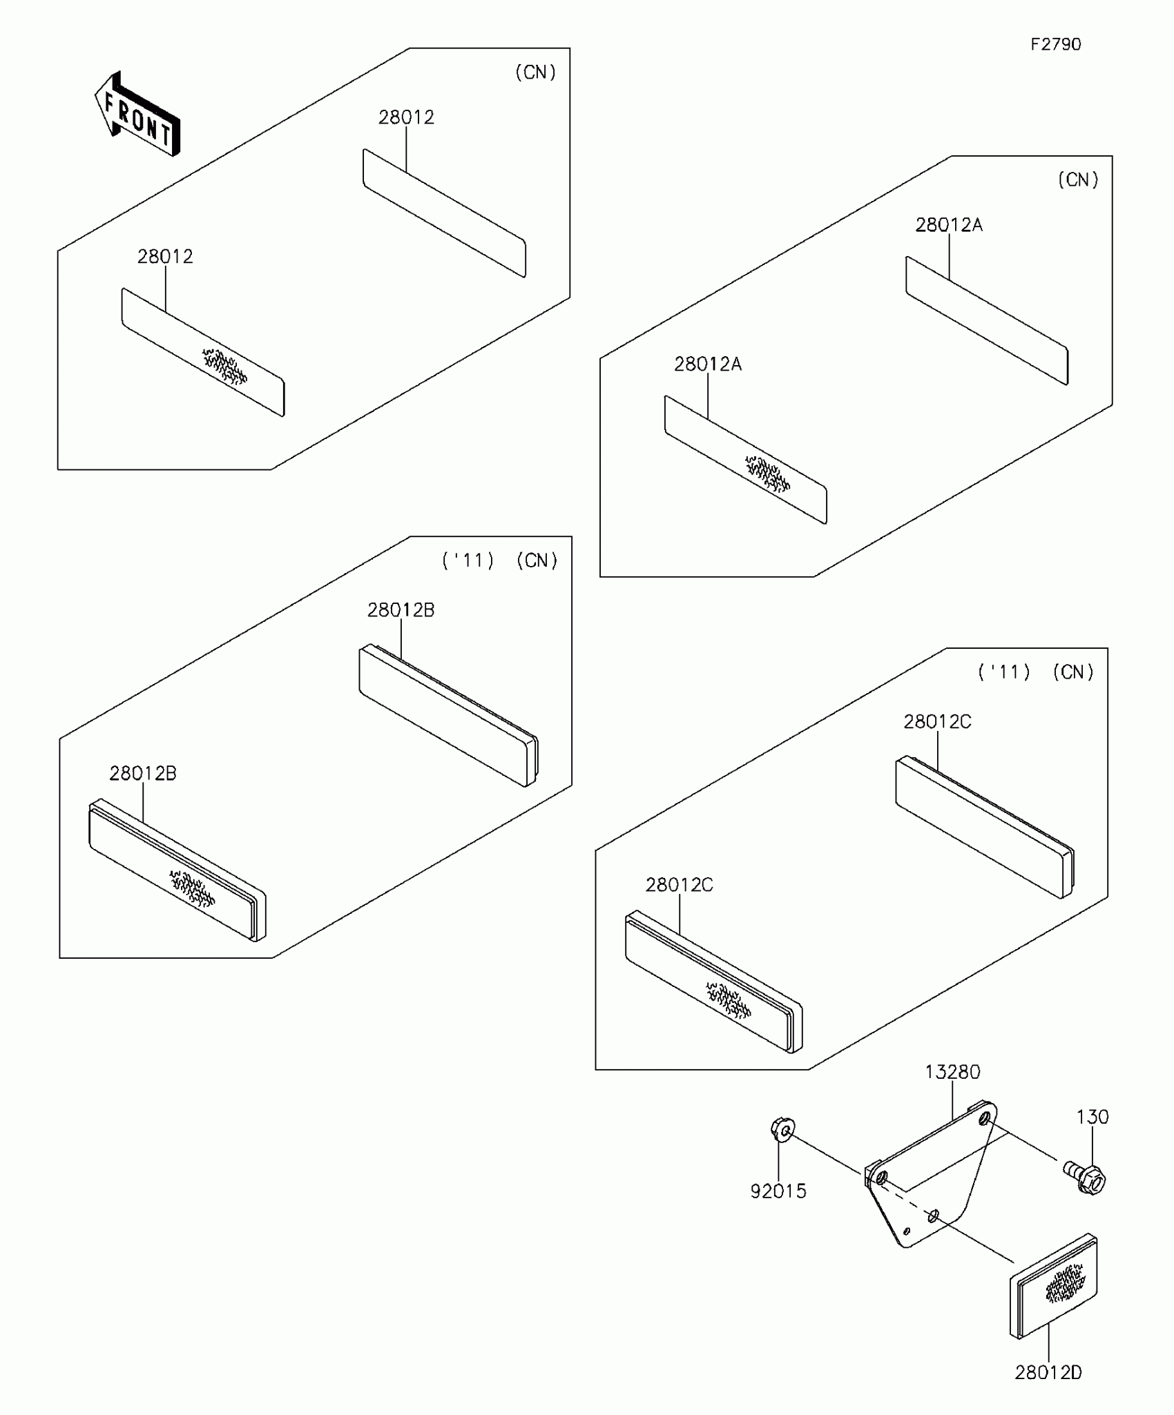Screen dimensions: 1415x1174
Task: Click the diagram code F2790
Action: tap(1055, 45)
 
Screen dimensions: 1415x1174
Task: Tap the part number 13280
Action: tap(952, 1072)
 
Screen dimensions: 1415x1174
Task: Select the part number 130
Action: tap(1092, 1117)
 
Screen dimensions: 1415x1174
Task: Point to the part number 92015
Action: tap(778, 1191)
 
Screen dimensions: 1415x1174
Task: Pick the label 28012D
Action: tap(1048, 1372)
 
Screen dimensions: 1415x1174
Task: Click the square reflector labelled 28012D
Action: tap(1053, 1285)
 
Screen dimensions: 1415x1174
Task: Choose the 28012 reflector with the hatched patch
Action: tap(202, 352)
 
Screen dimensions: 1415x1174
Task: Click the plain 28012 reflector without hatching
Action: tap(444, 213)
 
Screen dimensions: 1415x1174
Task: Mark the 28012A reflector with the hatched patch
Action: tap(745, 460)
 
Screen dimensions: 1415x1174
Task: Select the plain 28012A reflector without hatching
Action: tap(987, 320)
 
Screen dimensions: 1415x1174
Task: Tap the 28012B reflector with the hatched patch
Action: tap(177, 871)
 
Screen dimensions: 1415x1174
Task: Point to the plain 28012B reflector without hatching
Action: tap(448, 716)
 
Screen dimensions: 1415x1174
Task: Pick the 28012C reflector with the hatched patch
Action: tap(713, 983)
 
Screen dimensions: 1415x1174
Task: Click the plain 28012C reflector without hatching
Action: tap(985, 828)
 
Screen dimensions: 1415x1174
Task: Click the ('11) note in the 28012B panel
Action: tap(468, 560)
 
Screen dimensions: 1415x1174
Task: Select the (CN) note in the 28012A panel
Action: tap(1078, 180)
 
